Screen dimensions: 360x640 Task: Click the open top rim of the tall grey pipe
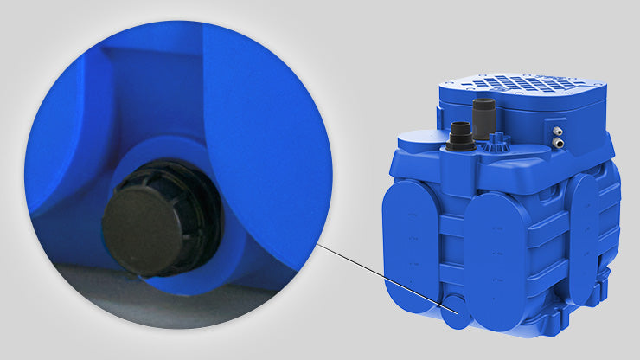pyautogui.click(x=483, y=102)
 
